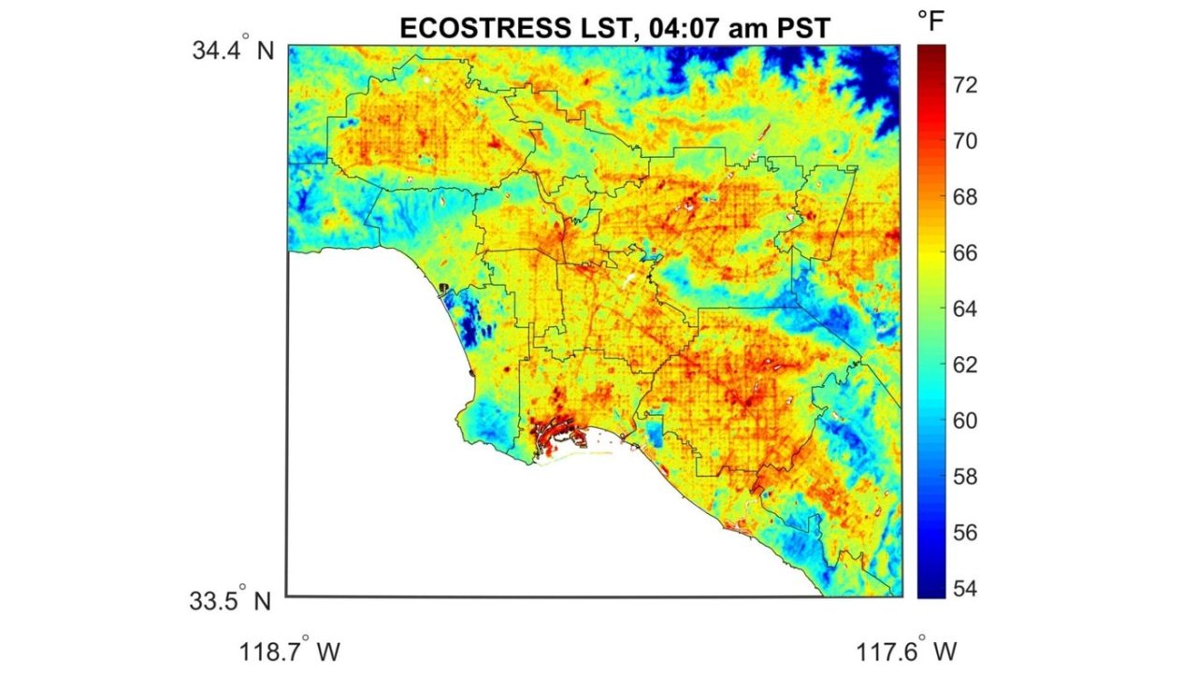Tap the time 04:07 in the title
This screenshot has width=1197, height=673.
click(656, 29)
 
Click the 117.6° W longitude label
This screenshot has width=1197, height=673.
click(903, 650)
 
